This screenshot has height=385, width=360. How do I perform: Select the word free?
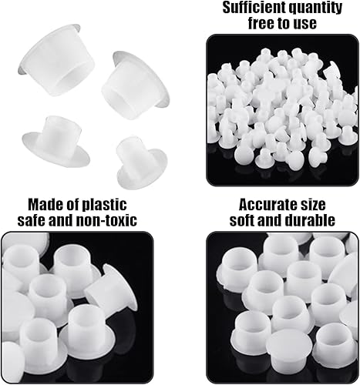[261, 23]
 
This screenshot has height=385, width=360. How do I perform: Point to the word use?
[305, 25]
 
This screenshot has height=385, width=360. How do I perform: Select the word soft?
[242, 220]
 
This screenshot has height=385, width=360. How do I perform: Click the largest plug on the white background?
[56, 61]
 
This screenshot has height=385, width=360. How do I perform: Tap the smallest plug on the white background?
[142, 164]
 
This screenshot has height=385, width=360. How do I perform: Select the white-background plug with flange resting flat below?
[56, 142]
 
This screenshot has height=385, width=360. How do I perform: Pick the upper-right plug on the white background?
[136, 85]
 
